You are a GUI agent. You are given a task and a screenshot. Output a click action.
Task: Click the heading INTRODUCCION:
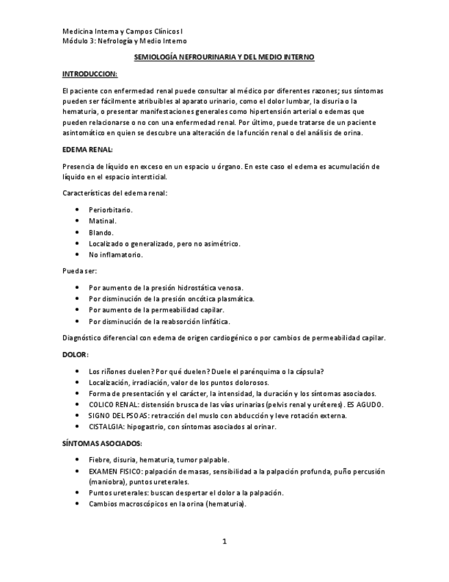[x=89, y=73]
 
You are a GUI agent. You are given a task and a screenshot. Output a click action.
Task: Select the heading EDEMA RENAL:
[x=87, y=150]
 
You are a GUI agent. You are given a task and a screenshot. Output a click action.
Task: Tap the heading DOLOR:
[x=75, y=355]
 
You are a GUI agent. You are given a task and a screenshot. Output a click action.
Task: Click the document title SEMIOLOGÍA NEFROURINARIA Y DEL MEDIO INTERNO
[x=224, y=58]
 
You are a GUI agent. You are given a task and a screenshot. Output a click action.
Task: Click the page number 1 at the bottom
[x=224, y=542]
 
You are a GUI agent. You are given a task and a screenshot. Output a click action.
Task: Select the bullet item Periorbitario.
[x=110, y=209]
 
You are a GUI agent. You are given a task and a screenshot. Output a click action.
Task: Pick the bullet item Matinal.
[x=102, y=220]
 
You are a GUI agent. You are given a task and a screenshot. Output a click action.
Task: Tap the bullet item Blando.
[x=101, y=232]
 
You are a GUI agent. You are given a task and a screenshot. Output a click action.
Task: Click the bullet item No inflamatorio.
[x=115, y=255]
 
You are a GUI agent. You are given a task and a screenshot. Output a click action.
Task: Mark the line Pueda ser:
[x=79, y=270]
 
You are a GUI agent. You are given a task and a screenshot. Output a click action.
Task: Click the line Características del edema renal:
[x=114, y=193]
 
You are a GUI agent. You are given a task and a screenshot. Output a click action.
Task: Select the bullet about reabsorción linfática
[x=159, y=321]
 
